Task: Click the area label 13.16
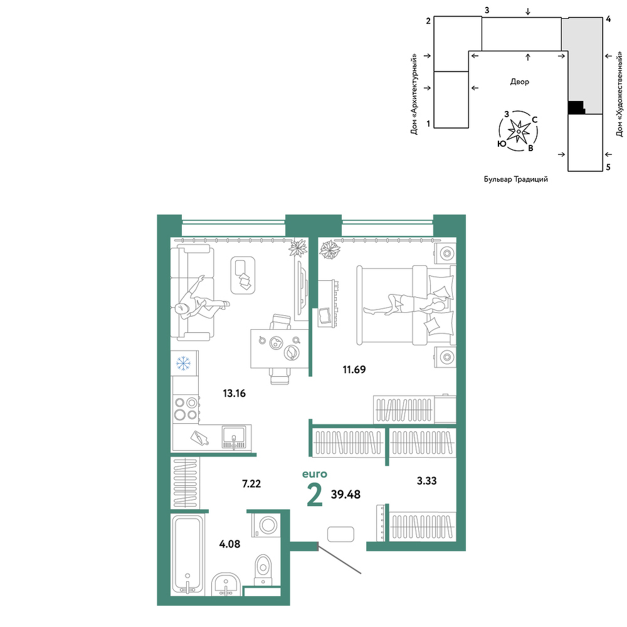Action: coord(234,394)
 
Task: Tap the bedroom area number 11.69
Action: coord(354,369)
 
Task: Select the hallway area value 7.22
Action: coord(251,484)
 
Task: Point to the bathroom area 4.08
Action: coord(230,544)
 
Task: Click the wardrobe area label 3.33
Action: coord(426,481)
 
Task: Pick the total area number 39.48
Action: coord(346,495)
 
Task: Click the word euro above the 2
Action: coord(315,474)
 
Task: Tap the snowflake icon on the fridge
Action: coord(184,364)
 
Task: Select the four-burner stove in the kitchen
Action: coord(186,409)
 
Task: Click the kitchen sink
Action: coord(234,438)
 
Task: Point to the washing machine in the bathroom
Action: coord(265,525)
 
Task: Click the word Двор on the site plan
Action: coord(519,82)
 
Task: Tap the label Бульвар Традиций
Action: coord(516,179)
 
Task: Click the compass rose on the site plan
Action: coord(519,131)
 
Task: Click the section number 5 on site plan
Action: coord(608,167)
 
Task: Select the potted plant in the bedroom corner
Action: coord(330,249)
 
